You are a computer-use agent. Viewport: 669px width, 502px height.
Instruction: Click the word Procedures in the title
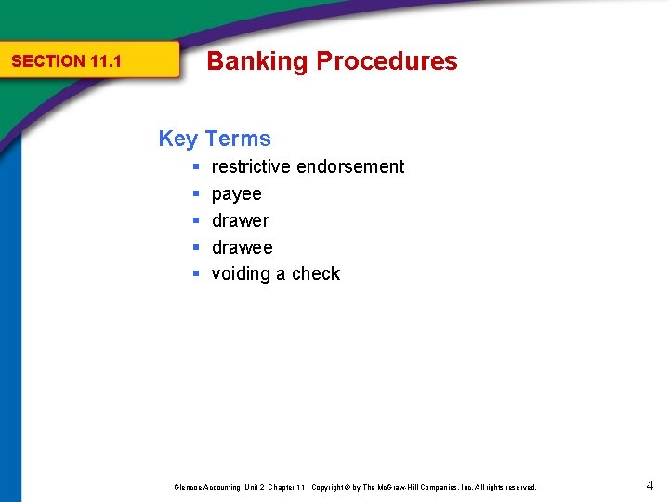[x=387, y=61]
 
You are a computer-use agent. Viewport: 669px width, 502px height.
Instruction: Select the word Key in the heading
[x=178, y=139]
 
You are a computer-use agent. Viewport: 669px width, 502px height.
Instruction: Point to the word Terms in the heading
[x=239, y=139]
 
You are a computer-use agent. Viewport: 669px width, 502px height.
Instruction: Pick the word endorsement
[x=350, y=166]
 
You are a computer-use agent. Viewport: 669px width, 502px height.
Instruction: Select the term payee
[x=237, y=193]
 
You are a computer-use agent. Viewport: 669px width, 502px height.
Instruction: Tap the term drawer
[x=241, y=220]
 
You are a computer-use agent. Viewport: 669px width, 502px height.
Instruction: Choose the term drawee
[x=243, y=247]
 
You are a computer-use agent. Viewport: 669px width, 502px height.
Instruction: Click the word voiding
[x=242, y=274]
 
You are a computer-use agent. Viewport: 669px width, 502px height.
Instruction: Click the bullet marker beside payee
[x=197, y=194]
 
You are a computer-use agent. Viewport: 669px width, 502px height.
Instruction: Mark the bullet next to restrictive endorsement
[x=197, y=167]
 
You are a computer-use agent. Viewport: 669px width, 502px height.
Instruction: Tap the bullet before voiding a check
[x=197, y=274]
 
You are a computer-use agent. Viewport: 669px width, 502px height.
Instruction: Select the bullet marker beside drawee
[x=197, y=248]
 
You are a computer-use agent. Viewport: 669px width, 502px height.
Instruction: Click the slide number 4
[x=649, y=484]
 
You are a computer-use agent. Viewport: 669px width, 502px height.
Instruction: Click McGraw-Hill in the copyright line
[x=399, y=487]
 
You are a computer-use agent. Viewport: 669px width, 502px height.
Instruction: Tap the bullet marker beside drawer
[x=197, y=221]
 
